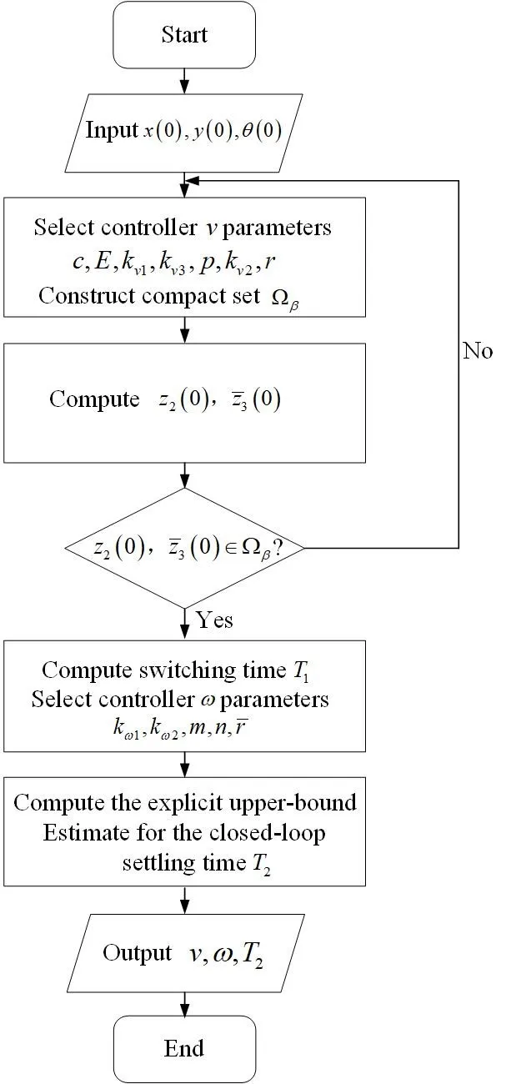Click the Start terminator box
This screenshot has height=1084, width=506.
(184, 35)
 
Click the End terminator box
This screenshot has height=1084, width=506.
(184, 1047)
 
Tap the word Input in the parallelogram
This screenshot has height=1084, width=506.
(111, 130)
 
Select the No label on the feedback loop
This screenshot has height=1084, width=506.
(478, 350)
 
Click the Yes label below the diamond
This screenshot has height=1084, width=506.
(214, 620)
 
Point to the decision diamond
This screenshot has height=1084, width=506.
(184, 548)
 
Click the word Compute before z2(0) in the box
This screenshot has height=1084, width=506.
(94, 399)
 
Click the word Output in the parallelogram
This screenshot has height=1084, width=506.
(137, 952)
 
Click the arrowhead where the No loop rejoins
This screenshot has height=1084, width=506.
(192, 179)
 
